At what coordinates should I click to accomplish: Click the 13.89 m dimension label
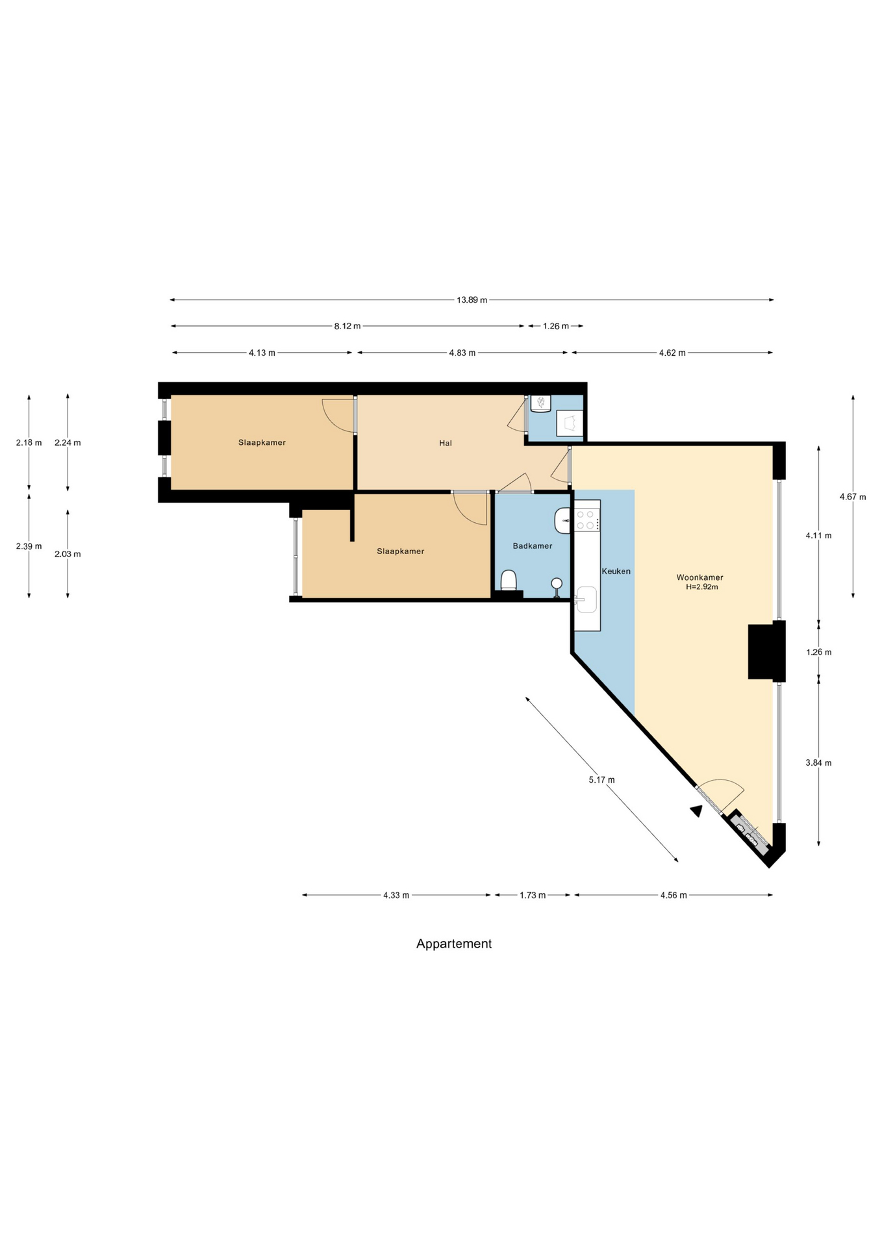click(x=472, y=300)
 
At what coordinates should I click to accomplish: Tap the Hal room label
click(x=446, y=443)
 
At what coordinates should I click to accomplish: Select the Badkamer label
click(x=533, y=546)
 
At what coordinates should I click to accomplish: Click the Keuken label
click(x=616, y=572)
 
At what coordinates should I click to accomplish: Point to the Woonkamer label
click(x=699, y=577)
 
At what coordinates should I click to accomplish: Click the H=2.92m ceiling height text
click(x=702, y=587)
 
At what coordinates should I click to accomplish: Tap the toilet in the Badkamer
click(x=509, y=580)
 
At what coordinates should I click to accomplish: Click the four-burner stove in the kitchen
click(x=586, y=520)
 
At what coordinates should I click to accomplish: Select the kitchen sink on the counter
click(x=586, y=599)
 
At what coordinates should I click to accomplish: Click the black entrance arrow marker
click(x=696, y=811)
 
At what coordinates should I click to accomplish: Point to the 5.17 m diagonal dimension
click(x=601, y=779)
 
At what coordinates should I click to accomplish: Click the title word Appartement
click(x=454, y=944)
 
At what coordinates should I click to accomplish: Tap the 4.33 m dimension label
click(x=396, y=895)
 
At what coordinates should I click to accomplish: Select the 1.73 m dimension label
click(x=533, y=895)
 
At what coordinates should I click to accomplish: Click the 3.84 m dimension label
click(x=818, y=763)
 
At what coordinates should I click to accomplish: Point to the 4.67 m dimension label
click(x=853, y=497)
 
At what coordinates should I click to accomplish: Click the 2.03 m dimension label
click(x=68, y=554)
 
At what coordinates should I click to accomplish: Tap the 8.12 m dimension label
click(x=347, y=326)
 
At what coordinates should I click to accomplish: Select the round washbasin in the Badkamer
click(x=557, y=583)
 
